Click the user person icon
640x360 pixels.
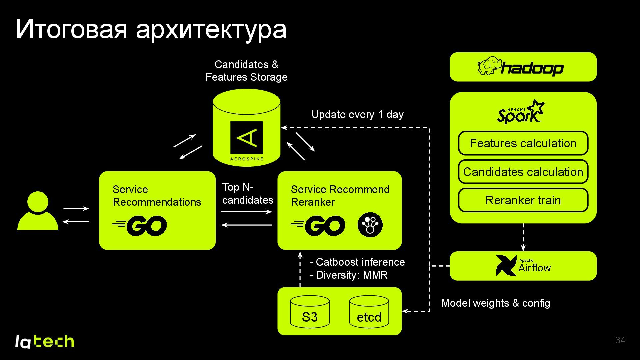pyautogui.click(x=38, y=211)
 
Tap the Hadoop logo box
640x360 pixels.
pyautogui.click(x=523, y=67)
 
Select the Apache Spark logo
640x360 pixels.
pyautogui.click(x=520, y=112)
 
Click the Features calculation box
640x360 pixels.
pyautogui.click(x=523, y=143)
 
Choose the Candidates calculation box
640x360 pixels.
pyautogui.click(x=523, y=172)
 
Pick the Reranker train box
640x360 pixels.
pyautogui.click(x=523, y=200)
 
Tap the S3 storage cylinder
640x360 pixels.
pyautogui.click(x=310, y=312)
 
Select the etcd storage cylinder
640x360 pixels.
pyautogui.click(x=369, y=312)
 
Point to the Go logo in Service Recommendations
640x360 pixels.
pyautogui.click(x=140, y=226)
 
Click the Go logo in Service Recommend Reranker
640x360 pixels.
pyautogui.click(x=318, y=226)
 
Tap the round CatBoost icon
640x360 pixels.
pyautogui.click(x=370, y=225)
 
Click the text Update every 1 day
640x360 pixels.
pyautogui.click(x=357, y=115)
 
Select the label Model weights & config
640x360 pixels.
pyautogui.click(x=495, y=303)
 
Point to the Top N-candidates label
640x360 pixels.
pyautogui.click(x=247, y=194)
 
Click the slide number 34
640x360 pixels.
pyautogui.click(x=620, y=340)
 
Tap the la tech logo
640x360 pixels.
pyautogui.click(x=45, y=341)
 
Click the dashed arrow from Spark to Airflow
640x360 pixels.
pyautogui.click(x=523, y=237)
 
